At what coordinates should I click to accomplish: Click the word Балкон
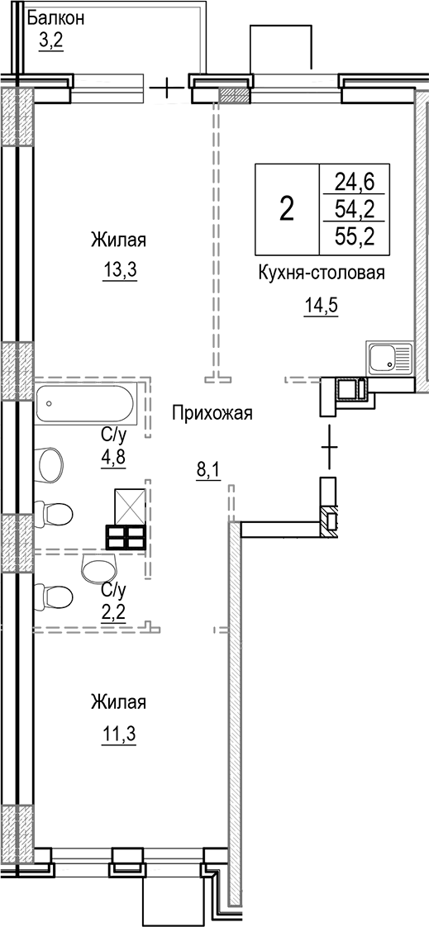coord(55,17)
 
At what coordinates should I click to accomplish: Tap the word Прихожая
coord(212,413)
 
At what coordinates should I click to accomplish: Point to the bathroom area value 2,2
coord(112,609)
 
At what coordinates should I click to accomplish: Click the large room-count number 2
coord(286,208)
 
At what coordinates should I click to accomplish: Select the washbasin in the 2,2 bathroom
coord(100,568)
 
